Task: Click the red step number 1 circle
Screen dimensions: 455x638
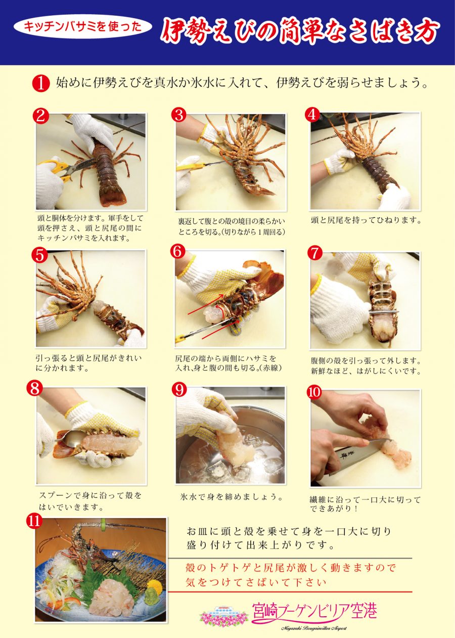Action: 41,83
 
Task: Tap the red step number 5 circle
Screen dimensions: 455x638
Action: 40,254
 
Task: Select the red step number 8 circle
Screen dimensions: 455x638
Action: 35,388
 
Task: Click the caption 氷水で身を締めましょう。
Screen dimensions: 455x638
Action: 232,497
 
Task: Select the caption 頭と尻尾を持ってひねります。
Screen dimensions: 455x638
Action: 366,220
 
